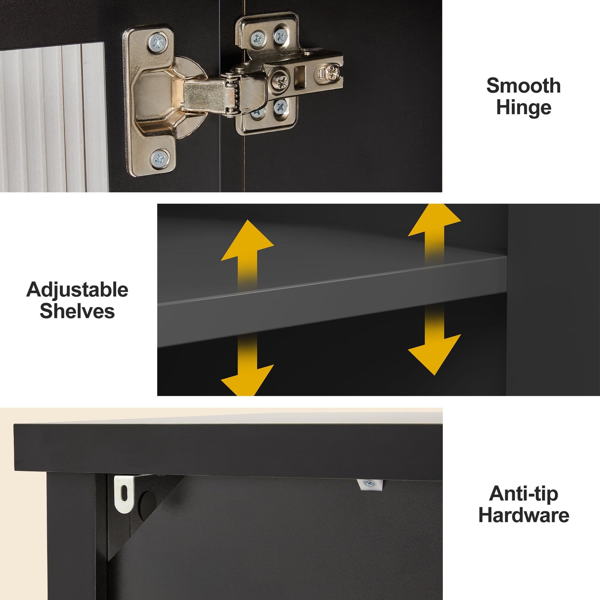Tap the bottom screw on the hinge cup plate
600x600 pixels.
(x=160, y=159)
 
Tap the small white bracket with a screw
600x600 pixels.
(x=369, y=484)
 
